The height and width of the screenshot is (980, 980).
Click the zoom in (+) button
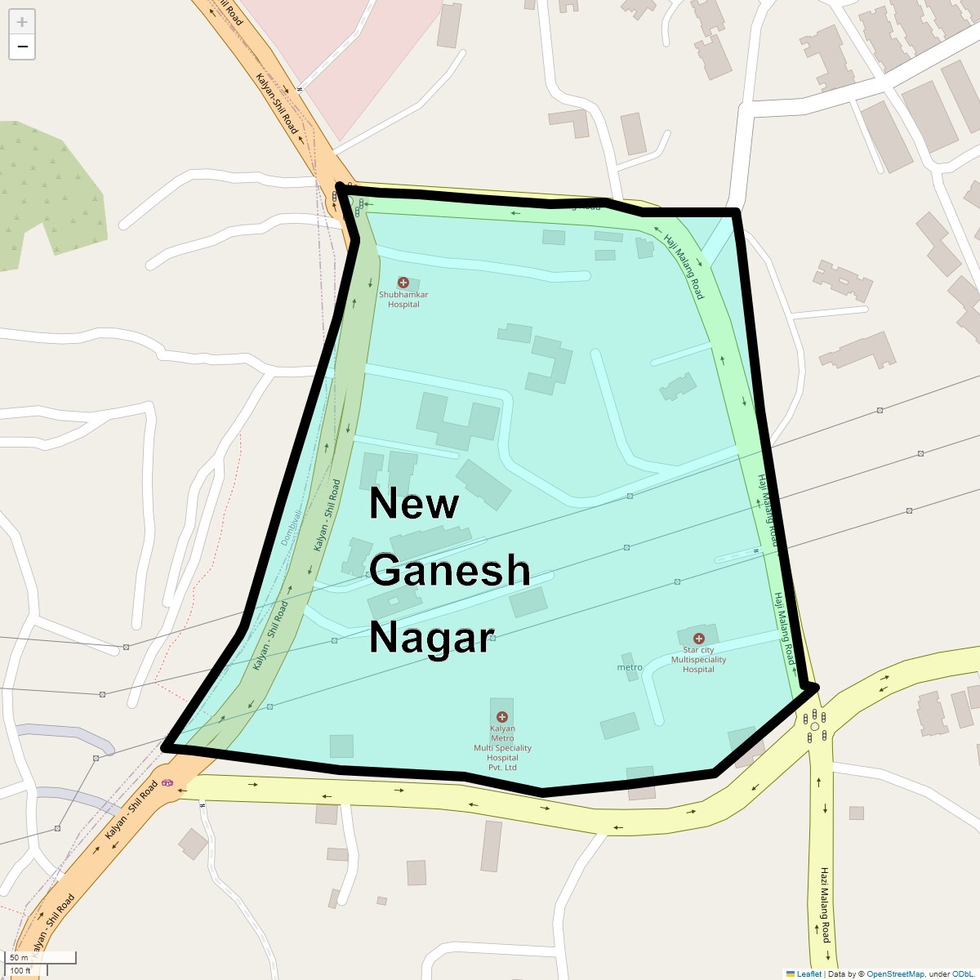22,22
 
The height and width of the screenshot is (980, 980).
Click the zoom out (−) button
22,47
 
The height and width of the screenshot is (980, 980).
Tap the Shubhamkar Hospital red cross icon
403,282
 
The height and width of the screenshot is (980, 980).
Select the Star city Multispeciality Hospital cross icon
698,639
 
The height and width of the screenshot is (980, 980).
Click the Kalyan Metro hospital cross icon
502,717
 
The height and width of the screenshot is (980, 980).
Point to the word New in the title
413,503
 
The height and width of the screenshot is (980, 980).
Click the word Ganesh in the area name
449,570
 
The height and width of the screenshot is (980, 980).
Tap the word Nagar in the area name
432,637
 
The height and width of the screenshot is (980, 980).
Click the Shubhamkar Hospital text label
403,300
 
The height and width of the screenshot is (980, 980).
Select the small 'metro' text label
630,667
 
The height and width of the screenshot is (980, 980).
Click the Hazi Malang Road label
825,904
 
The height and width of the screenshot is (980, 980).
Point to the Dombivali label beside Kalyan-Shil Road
291,527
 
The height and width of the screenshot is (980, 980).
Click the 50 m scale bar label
19,957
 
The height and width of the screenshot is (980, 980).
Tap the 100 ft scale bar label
20,970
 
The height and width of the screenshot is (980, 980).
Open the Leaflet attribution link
808,973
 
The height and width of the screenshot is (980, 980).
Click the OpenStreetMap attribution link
895,973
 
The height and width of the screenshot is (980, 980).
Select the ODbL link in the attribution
961,973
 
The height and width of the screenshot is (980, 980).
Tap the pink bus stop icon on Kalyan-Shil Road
167,782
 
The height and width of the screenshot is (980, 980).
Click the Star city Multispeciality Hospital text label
698,660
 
